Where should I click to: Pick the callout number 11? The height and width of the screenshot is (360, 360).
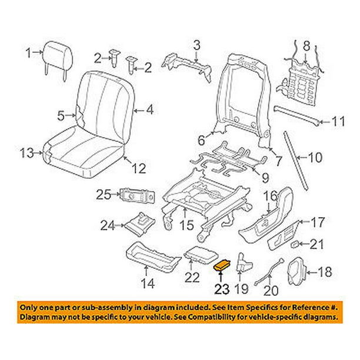click(337, 122)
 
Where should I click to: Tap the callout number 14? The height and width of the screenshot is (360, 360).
click(148, 284)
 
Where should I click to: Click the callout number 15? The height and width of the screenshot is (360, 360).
click(185, 224)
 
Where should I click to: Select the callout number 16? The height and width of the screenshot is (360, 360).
click(269, 195)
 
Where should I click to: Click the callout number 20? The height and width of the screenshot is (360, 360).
click(270, 290)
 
